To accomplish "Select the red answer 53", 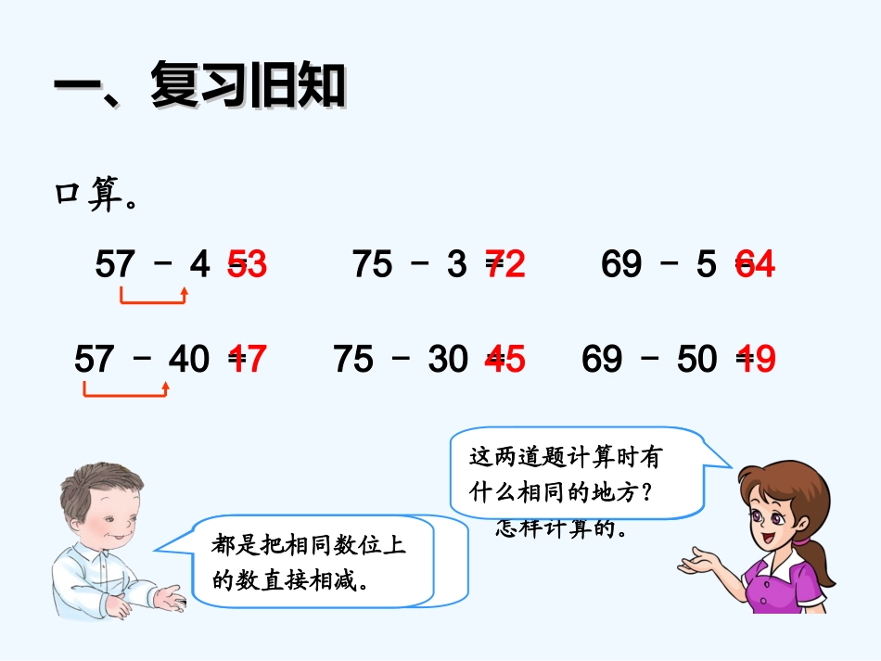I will click(x=249, y=265).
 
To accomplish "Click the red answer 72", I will click(x=507, y=265).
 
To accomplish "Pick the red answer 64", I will click(x=756, y=265).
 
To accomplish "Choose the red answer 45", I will click(x=507, y=359).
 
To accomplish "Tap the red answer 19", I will click(x=756, y=359).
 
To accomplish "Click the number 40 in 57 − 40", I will click(x=189, y=359).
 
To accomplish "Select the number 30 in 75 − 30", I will click(x=448, y=359).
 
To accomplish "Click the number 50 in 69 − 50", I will click(x=697, y=359).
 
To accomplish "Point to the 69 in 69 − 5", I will click(x=620, y=265).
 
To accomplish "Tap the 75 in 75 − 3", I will click(x=372, y=265).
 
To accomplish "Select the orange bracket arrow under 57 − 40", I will click(x=125, y=391).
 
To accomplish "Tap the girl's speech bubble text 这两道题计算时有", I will click(x=566, y=458).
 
